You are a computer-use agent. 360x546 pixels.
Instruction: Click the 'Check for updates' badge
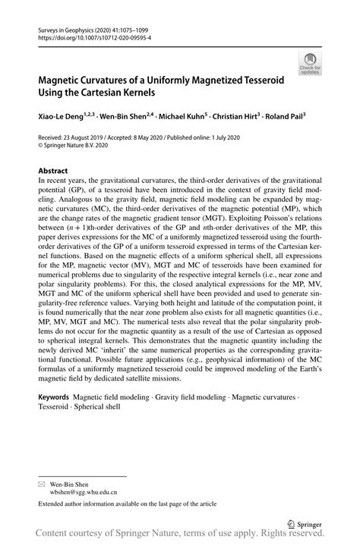tap(309, 64)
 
